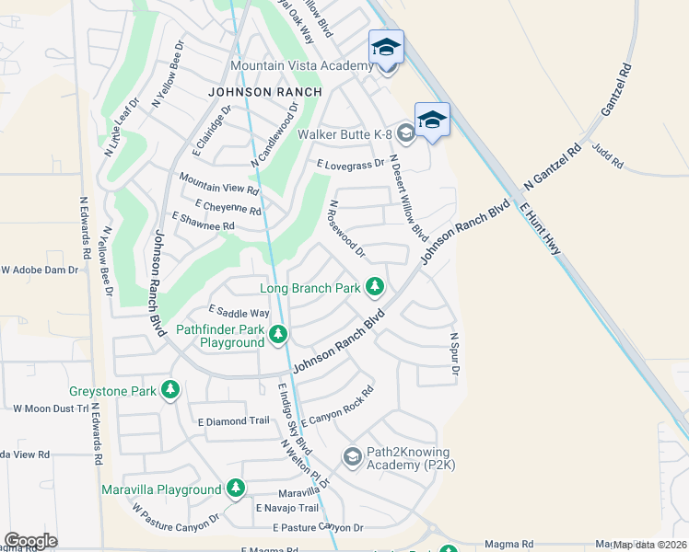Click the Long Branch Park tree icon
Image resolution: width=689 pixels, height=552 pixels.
375,288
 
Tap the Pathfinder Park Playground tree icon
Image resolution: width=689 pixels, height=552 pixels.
278,335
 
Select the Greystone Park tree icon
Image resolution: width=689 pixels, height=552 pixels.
169,391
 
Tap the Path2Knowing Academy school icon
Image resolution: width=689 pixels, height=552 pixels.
352,456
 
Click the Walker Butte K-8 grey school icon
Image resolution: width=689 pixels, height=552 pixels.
406,134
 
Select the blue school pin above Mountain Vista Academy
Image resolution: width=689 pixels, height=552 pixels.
386,47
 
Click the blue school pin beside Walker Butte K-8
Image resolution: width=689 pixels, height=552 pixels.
432,120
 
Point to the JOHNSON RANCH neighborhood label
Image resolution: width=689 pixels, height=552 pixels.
265,92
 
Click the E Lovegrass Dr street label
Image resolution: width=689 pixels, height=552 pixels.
350,165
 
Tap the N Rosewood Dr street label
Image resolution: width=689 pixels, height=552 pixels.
347,229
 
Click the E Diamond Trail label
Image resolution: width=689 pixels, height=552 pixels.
233,420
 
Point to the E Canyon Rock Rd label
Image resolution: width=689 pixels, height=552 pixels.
337,406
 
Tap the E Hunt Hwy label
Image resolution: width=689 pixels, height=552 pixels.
541,224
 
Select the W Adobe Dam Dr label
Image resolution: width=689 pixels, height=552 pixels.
41,270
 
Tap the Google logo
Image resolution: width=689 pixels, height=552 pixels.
31,541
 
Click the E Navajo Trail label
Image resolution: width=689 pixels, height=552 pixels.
287,508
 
